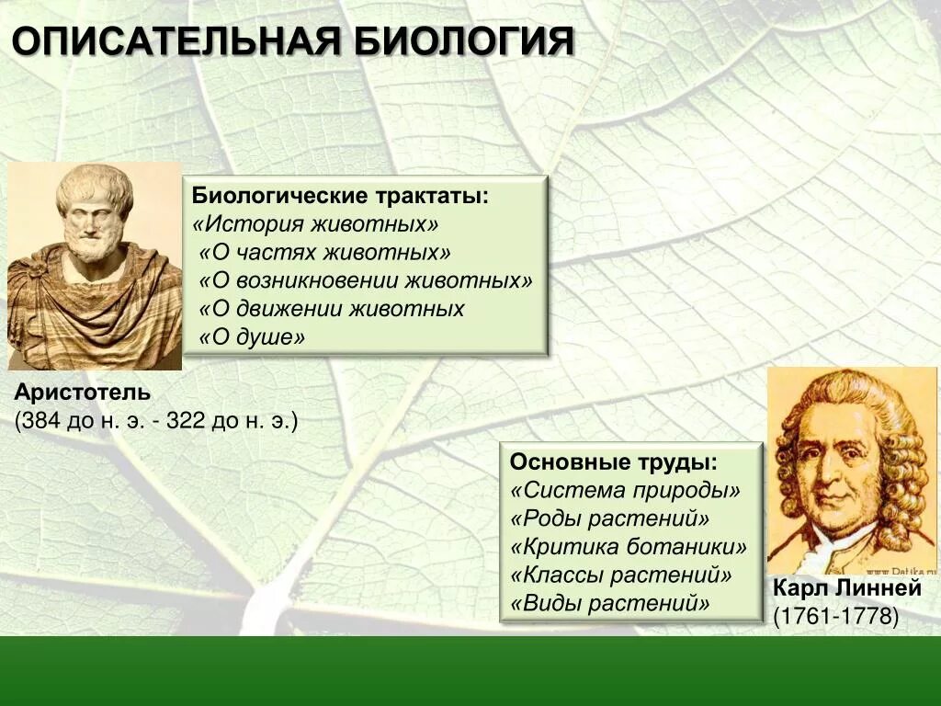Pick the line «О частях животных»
[324, 253]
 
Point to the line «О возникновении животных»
[365, 280]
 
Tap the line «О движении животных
[331, 309]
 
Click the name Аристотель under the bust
[82, 393]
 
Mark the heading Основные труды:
[614, 462]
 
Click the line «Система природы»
[625, 491]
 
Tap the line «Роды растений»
[610, 518]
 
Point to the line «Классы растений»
[621, 575]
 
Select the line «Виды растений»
[610, 604]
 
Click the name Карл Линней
[846, 588]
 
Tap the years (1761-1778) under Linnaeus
[835, 616]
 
